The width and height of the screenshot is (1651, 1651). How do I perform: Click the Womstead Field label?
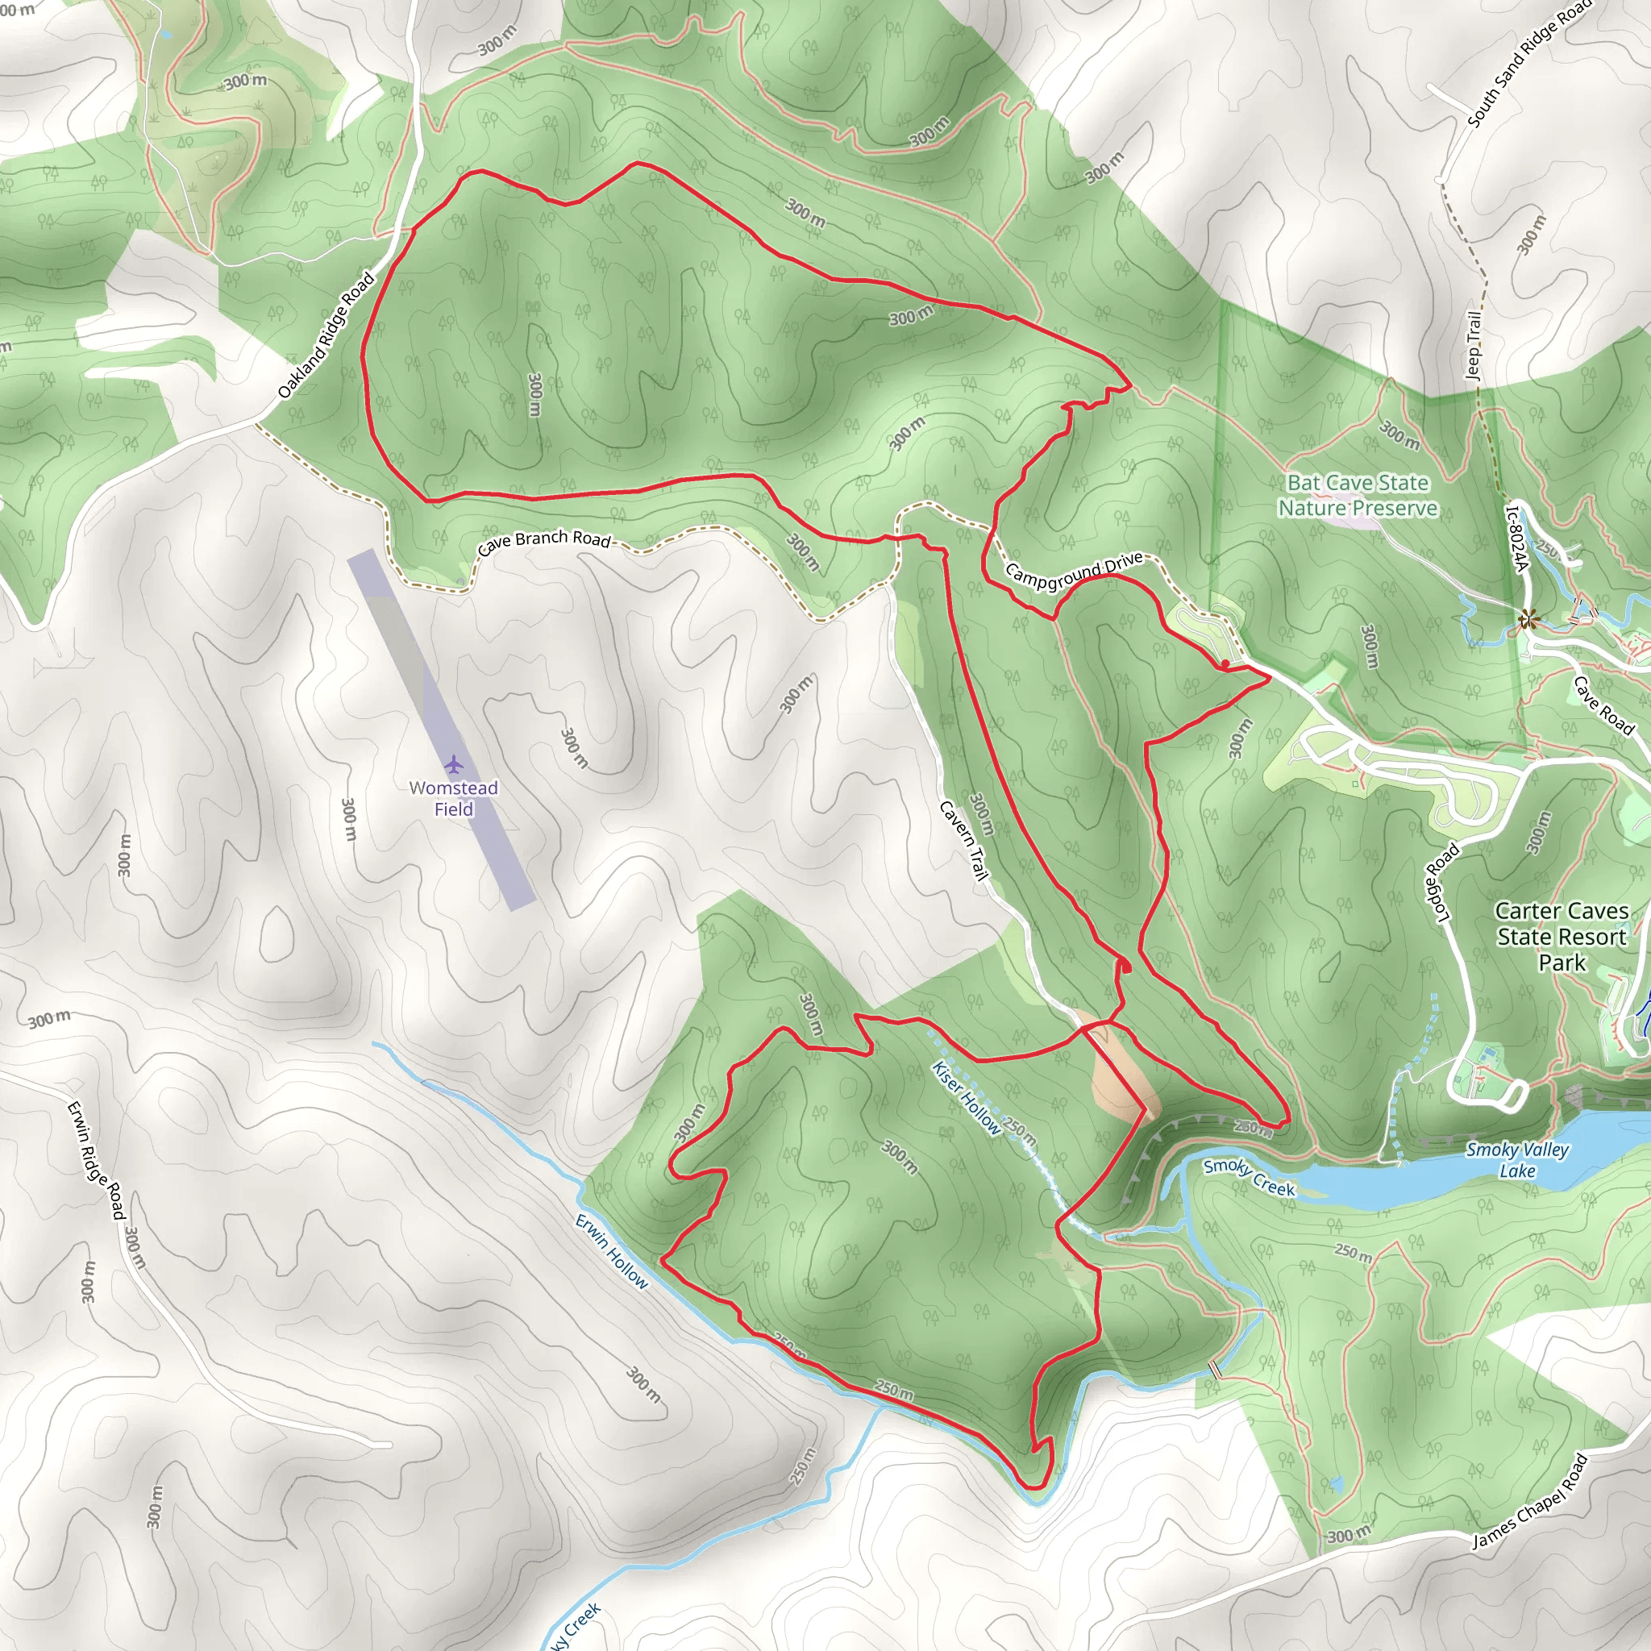point(453,798)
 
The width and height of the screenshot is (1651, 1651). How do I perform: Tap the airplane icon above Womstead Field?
point(453,763)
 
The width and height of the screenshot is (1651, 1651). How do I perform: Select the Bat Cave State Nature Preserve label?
point(1358,496)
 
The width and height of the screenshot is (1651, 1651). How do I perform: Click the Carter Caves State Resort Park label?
point(1562,937)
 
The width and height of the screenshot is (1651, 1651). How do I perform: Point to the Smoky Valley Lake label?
point(1518,1159)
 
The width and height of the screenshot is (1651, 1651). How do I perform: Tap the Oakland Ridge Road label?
point(326,335)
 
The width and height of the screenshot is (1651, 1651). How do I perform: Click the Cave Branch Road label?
point(544,540)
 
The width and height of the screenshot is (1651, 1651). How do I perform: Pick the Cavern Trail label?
point(964,840)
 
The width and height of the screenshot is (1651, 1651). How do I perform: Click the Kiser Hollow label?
point(966,1098)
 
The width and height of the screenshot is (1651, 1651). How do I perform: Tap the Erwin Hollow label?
point(612,1251)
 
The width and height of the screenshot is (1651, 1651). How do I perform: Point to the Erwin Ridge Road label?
point(96,1161)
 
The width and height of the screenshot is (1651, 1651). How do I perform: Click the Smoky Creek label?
point(1250,1178)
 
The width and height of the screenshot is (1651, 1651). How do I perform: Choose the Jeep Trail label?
point(1474,345)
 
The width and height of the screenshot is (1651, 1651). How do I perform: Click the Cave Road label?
point(1603,705)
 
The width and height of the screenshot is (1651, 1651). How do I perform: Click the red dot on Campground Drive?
point(1225,664)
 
